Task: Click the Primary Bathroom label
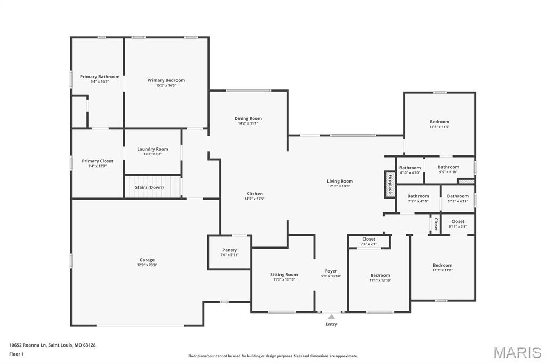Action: click(100, 77)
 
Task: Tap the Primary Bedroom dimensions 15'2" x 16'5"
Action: click(166, 85)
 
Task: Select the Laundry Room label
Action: click(152, 149)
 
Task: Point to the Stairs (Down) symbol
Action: click(153, 187)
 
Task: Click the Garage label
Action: click(147, 260)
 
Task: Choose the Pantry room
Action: click(229, 252)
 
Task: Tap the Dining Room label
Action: click(248, 118)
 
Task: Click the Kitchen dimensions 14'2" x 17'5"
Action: click(254, 199)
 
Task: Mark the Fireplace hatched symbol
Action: click(390, 184)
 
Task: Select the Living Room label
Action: click(340, 181)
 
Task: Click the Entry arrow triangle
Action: click(331, 317)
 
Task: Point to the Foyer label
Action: click(331, 271)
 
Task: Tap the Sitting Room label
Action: click(284, 275)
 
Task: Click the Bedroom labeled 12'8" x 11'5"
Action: click(439, 122)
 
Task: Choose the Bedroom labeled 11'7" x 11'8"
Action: click(442, 265)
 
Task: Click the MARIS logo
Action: click(517, 352)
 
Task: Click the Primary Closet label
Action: click(97, 161)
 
